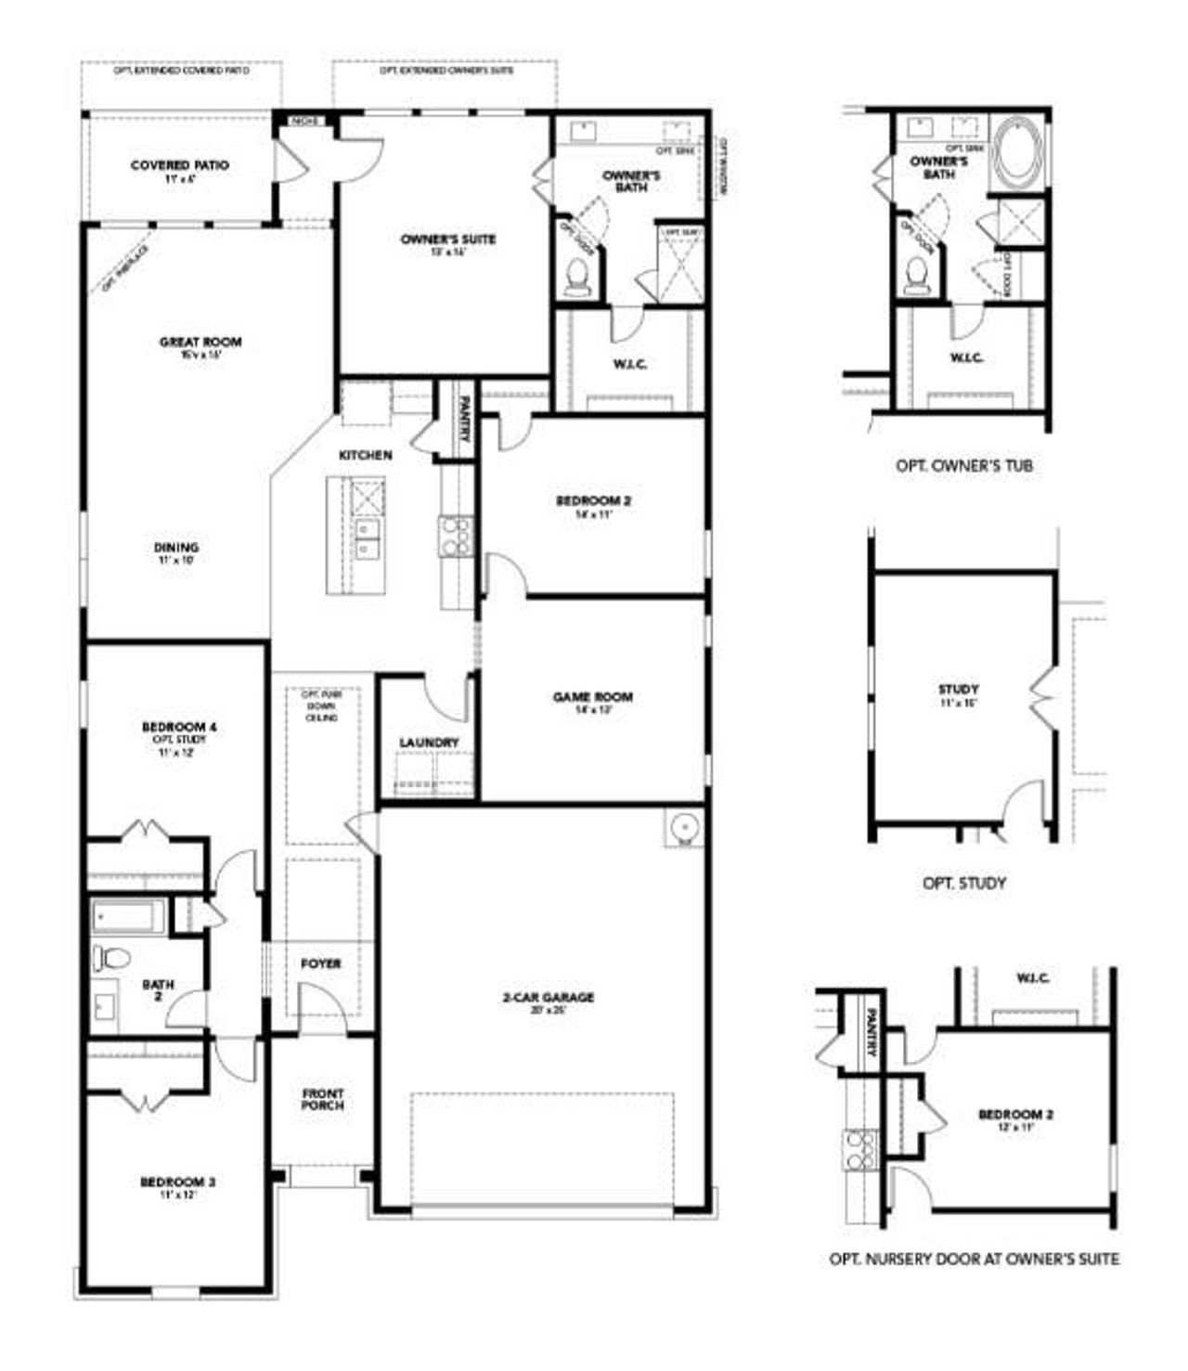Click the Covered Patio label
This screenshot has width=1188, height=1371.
[179, 166]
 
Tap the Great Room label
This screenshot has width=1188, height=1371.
[200, 343]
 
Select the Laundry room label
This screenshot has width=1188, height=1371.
[429, 743]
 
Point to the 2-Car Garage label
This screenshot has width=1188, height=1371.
[548, 998]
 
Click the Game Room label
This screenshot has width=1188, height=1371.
[593, 697]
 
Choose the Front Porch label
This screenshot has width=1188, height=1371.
[322, 1100]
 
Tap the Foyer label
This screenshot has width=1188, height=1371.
[321, 964]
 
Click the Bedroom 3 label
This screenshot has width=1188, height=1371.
[178, 1183]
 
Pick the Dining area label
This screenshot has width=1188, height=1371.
[176, 548]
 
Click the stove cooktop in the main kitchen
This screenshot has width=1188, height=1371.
[455, 536]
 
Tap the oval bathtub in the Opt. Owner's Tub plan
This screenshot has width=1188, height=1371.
[1018, 155]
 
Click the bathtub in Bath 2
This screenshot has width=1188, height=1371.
[128, 916]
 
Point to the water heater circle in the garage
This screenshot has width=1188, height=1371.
[683, 826]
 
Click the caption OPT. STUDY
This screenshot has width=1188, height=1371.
[963, 883]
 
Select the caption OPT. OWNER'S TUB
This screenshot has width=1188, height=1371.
[963, 465]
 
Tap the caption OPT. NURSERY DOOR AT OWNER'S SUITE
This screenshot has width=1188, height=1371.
[974, 1260]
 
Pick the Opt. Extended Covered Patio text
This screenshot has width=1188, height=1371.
[181, 71]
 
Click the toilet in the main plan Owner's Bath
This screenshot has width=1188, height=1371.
[576, 276]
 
